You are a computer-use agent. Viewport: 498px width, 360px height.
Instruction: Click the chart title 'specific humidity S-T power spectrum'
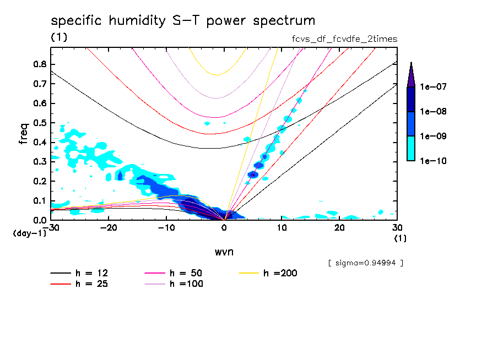pos(183,21)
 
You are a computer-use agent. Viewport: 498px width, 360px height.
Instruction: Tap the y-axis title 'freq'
pos(24,134)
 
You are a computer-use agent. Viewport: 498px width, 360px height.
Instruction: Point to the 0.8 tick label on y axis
pos(39,64)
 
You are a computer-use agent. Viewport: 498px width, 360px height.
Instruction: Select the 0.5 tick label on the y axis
pos(39,123)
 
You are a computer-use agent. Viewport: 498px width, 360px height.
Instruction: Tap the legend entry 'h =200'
pos(280,273)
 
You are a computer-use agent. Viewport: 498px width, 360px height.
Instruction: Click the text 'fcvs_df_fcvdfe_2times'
pos(344,39)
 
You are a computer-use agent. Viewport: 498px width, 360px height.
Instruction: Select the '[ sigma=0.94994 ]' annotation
pos(365,263)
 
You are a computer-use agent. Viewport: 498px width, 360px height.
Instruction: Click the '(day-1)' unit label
pos(29,233)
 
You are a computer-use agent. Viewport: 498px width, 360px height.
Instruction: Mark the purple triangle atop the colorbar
pos(411,74)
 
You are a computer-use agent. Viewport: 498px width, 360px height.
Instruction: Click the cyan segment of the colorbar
pos(411,149)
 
